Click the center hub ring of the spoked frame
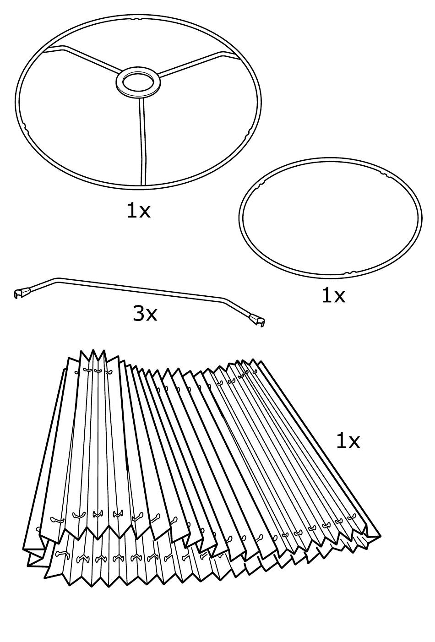138,82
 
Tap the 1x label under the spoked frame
138,210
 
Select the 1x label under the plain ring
333,295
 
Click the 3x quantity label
145,314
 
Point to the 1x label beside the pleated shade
348,441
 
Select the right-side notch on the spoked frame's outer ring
250,133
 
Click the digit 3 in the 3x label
139,314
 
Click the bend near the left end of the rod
56,278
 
